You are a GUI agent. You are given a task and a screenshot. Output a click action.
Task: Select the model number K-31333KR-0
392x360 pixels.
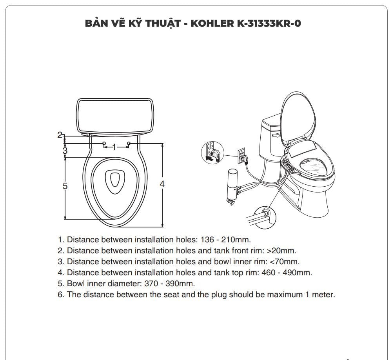coord(269,23)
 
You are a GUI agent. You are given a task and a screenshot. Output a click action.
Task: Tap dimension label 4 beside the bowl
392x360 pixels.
coord(162,184)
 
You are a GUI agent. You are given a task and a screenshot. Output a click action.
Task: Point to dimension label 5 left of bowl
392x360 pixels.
coord(65,186)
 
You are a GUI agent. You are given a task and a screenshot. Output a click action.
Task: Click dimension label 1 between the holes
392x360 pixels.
coord(114,147)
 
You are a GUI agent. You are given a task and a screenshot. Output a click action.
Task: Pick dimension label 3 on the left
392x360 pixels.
coord(65,150)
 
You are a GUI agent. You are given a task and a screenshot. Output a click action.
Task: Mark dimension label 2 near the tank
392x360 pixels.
coord(60,135)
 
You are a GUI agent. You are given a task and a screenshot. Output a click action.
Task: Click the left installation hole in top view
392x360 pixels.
coord(103,144)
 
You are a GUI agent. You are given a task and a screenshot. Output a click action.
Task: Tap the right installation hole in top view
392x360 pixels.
coord(129,144)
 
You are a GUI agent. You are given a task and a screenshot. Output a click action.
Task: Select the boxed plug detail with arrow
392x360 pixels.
coord(212,153)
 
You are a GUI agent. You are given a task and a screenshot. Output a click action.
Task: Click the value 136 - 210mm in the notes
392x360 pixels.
coord(225,240)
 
